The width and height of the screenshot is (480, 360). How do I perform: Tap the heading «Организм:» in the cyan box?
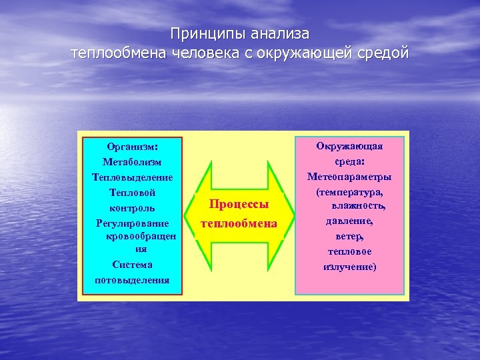point(132,146)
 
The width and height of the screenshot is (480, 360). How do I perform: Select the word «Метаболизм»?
point(132,162)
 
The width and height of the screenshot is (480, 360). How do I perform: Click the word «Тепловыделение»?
point(132,177)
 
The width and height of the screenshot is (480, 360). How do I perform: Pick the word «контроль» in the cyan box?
point(132,208)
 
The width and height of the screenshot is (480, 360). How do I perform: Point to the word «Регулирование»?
point(132,223)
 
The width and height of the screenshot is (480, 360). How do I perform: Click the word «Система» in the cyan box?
point(132,265)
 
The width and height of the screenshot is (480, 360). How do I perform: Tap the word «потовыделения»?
point(132,280)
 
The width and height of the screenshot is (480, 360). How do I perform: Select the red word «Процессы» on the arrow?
point(239,204)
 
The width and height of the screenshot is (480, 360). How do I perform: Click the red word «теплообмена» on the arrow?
point(239,223)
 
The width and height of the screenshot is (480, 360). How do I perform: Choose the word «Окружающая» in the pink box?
point(349,145)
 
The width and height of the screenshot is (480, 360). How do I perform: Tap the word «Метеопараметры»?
point(349,177)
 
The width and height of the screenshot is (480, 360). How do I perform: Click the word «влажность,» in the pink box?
point(359,206)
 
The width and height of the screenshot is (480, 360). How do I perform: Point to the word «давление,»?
point(349,221)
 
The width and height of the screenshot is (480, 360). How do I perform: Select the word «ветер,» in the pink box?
point(349,236)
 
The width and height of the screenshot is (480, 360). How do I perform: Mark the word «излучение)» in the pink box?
point(349,267)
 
